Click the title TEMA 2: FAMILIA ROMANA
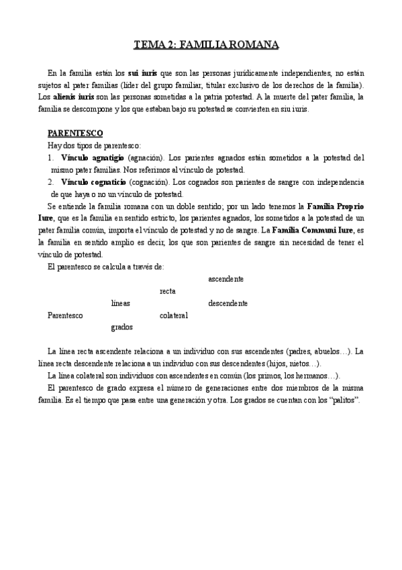point(206,46)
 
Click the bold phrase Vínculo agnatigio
point(91,157)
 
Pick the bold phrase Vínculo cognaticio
point(92,182)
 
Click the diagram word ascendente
point(225,279)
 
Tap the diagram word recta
point(168,291)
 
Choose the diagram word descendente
point(228,303)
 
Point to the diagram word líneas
point(121,303)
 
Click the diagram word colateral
point(173,315)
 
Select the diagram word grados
point(121,327)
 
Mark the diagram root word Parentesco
point(65,315)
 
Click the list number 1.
point(50,157)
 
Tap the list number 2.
point(50,182)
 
